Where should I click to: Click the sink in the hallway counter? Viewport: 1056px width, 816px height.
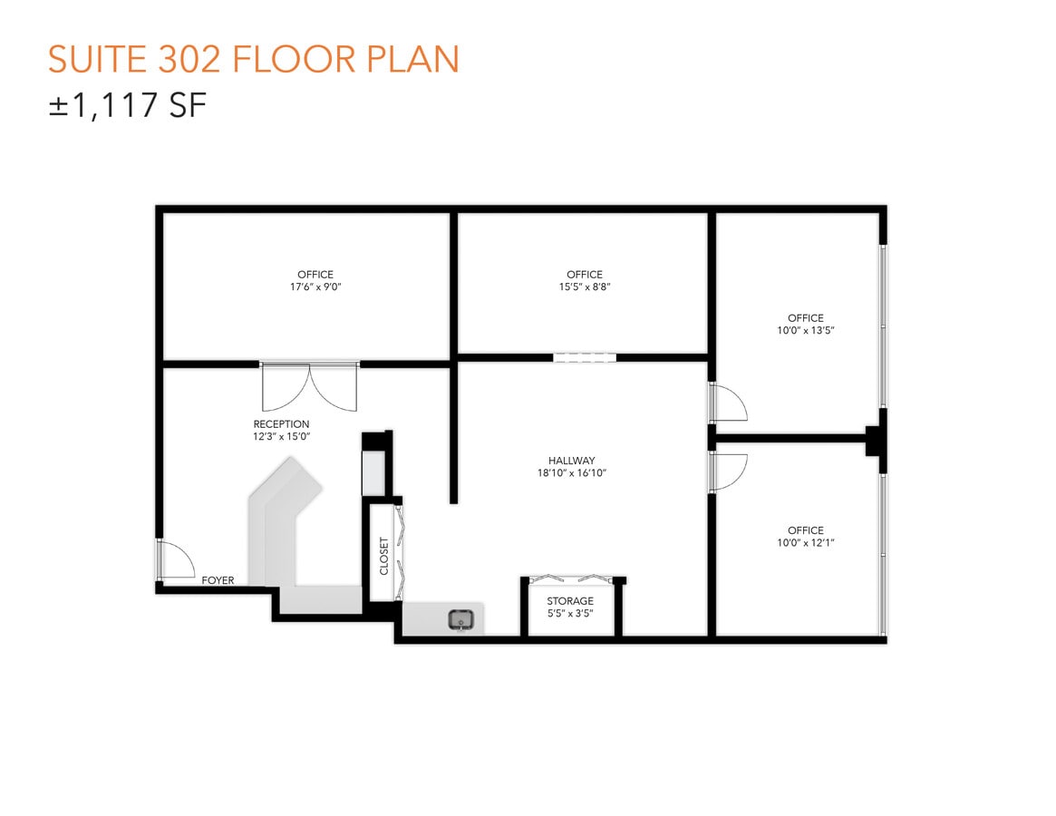point(461,620)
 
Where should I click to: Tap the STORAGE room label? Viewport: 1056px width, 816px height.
point(570,601)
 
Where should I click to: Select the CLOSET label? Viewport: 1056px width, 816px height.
point(384,556)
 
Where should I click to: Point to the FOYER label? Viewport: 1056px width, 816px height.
point(218,580)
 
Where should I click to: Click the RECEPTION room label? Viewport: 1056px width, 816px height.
point(281,424)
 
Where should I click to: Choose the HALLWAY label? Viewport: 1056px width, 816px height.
point(571,461)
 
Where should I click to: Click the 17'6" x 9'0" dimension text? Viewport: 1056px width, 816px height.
point(315,287)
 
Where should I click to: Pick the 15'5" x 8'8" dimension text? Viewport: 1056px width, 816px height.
point(584,287)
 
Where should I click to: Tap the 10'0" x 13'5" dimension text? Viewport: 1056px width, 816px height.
point(805,330)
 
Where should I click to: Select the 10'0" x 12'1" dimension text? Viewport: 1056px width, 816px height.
point(805,542)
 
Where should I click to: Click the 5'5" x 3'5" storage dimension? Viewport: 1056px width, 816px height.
point(570,614)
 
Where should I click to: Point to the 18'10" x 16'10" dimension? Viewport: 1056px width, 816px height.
point(571,473)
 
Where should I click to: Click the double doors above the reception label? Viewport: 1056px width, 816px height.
point(309,385)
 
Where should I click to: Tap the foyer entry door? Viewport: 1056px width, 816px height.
point(175,559)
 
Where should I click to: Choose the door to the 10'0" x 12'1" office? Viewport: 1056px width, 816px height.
point(727,471)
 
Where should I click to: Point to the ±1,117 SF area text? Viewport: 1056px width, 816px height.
point(128,106)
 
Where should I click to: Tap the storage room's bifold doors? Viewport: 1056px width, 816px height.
point(572,578)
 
